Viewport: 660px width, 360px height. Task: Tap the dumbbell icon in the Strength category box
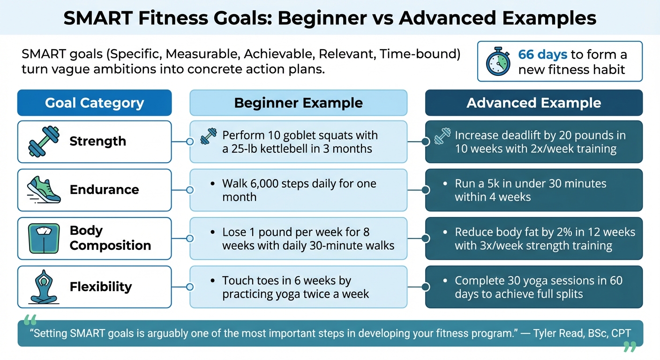click(44, 142)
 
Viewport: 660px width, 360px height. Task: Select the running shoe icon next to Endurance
click(44, 190)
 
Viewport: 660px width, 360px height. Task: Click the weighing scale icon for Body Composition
click(44, 238)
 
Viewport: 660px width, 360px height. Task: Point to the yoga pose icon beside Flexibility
click(44, 287)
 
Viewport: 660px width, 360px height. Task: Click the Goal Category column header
click(94, 103)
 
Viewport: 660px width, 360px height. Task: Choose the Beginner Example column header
click(298, 103)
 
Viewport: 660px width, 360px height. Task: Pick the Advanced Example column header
click(533, 103)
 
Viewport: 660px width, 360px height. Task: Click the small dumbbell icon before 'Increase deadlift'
click(442, 136)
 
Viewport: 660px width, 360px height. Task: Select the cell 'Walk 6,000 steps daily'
click(298, 190)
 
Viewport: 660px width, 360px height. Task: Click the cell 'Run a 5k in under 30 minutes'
click(533, 190)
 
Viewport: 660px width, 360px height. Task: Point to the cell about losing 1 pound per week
click(298, 238)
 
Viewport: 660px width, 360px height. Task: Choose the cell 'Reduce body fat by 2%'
click(533, 238)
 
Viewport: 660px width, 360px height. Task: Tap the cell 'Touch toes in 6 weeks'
click(298, 287)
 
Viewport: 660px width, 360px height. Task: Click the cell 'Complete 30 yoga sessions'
click(533, 287)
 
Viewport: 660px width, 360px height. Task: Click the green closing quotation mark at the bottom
click(630, 347)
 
